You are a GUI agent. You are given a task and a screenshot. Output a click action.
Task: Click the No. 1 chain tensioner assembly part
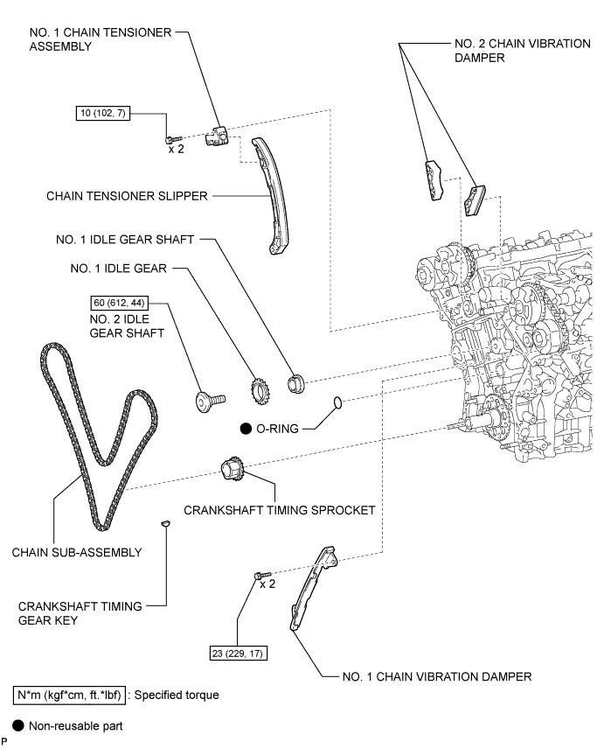[x=216, y=136]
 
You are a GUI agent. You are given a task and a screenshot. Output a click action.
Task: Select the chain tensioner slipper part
[x=269, y=196]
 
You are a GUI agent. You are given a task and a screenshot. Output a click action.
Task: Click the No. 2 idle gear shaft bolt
[x=208, y=399]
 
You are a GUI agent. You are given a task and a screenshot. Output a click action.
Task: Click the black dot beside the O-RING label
[x=247, y=429]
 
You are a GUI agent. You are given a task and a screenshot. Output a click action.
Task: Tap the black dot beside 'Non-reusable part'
[x=17, y=725]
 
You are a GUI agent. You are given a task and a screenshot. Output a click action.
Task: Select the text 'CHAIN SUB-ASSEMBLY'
[x=64, y=553]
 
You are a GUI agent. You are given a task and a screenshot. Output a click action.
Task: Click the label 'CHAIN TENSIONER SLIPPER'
[x=127, y=196]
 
